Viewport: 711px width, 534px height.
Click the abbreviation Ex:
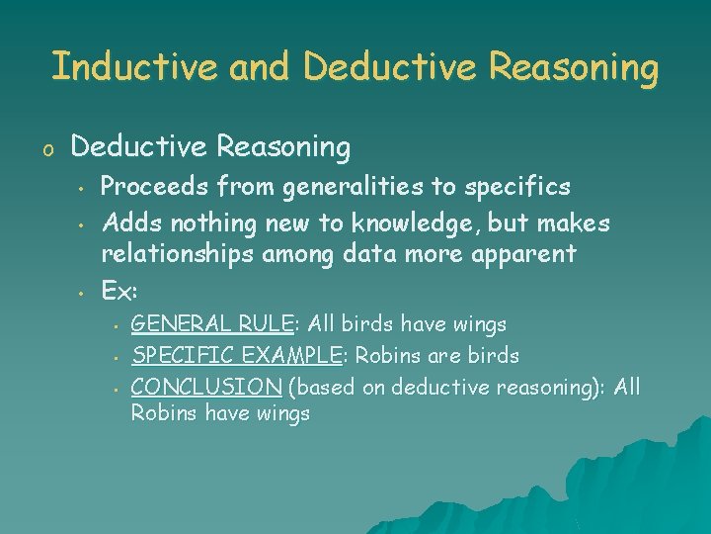point(119,293)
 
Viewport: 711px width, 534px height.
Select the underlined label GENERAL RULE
point(211,324)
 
